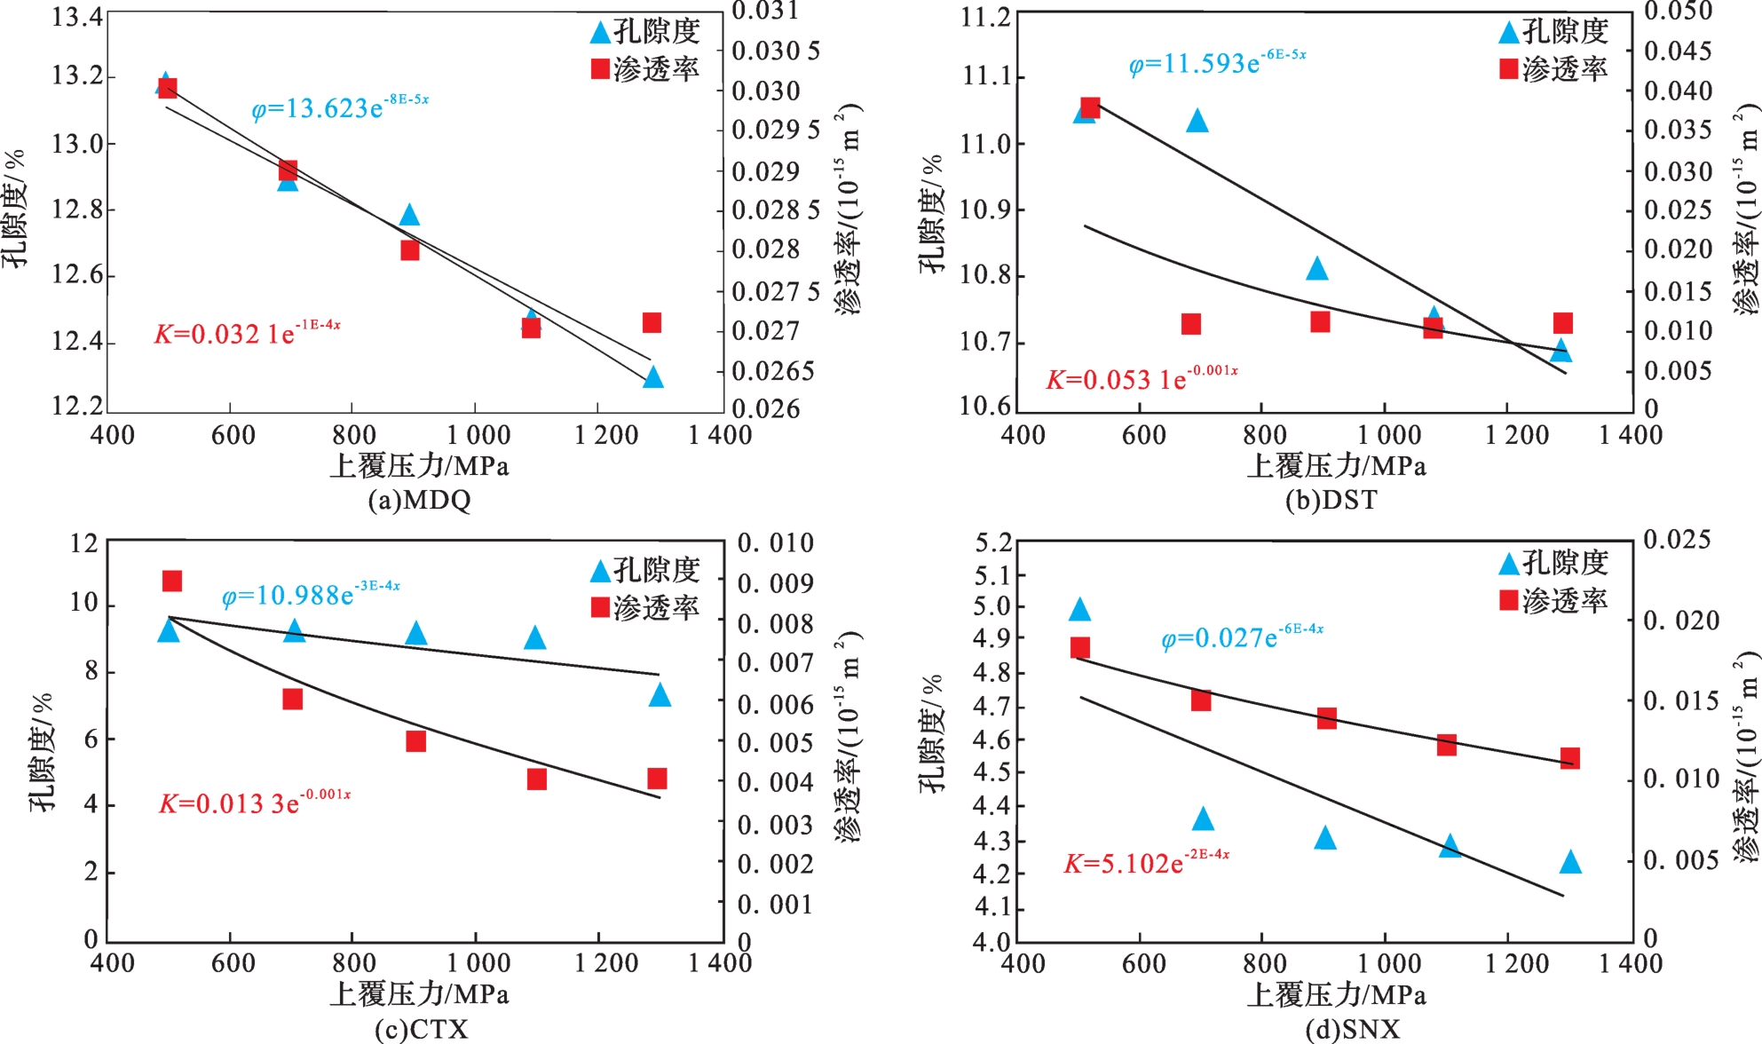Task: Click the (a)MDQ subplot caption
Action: [419, 500]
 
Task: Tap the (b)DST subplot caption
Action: [1331, 500]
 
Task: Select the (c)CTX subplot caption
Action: [421, 1029]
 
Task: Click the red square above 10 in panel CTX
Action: [172, 581]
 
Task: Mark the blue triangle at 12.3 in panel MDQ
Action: [653, 378]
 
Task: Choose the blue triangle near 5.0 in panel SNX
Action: [1079, 610]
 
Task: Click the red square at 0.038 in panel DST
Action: [1091, 108]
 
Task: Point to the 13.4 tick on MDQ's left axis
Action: [77, 17]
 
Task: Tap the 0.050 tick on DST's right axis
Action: [1678, 12]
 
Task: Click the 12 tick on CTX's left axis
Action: [84, 542]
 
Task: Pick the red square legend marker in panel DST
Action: [1508, 68]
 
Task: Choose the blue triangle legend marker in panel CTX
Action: [600, 571]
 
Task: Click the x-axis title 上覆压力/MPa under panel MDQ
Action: [419, 466]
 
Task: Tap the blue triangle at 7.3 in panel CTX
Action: [660, 695]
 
